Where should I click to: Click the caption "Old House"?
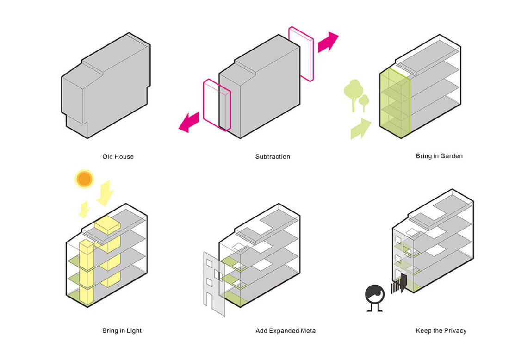pyautogui.click(x=118, y=156)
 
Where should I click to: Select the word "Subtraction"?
pyautogui.click(x=273, y=156)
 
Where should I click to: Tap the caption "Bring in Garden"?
pyautogui.click(x=439, y=156)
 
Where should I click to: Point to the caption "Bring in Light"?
pyautogui.click(x=122, y=331)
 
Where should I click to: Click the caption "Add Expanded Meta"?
pyautogui.click(x=286, y=331)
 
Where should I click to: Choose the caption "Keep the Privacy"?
pyautogui.click(x=441, y=331)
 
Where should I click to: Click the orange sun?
pyautogui.click(x=84, y=179)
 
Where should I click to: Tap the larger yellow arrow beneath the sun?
pyautogui.click(x=105, y=194)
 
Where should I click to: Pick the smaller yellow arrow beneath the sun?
pyautogui.click(x=84, y=210)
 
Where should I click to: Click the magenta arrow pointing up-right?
pyautogui.click(x=328, y=42)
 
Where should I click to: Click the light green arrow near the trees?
pyautogui.click(x=360, y=129)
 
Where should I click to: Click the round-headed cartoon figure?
pyautogui.click(x=375, y=298)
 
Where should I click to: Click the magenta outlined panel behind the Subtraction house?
pyautogui.click(x=301, y=54)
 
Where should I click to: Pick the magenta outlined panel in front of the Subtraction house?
pyautogui.click(x=217, y=105)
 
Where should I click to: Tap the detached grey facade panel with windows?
pyautogui.click(x=214, y=283)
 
